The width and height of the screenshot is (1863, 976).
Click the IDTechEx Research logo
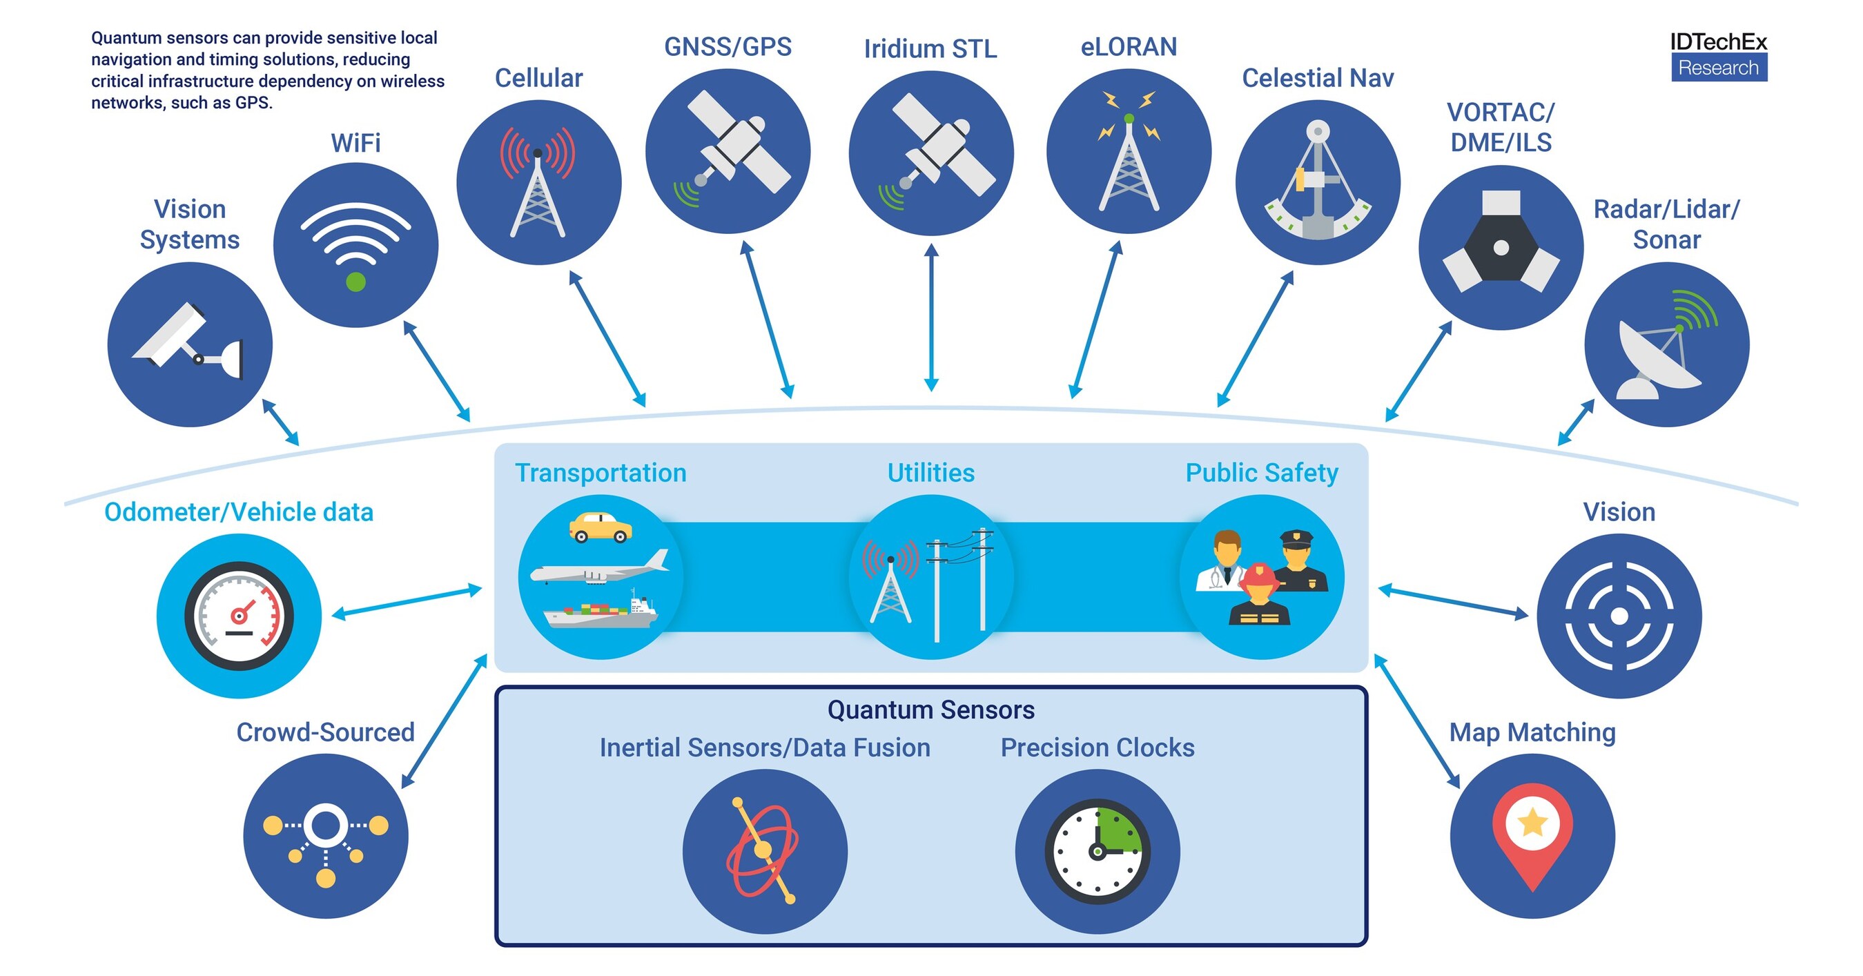pos(1718,57)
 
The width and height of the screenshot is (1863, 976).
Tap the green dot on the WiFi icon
pos(355,282)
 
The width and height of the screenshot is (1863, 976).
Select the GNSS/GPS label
pos(728,47)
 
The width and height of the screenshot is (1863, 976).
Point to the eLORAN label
pos(1128,47)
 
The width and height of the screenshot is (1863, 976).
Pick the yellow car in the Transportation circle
pos(601,527)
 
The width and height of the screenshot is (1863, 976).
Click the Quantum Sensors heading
pos(930,710)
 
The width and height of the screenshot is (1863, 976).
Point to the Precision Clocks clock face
pos(1097,851)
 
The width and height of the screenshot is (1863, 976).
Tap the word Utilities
pos(930,473)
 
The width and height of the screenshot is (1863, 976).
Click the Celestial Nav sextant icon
pos(1318,185)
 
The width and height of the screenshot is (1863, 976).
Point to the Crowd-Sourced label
pos(325,732)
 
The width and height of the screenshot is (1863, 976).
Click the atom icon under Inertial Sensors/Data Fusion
pos(763,851)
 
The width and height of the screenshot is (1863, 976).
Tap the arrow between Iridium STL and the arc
pos(932,318)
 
